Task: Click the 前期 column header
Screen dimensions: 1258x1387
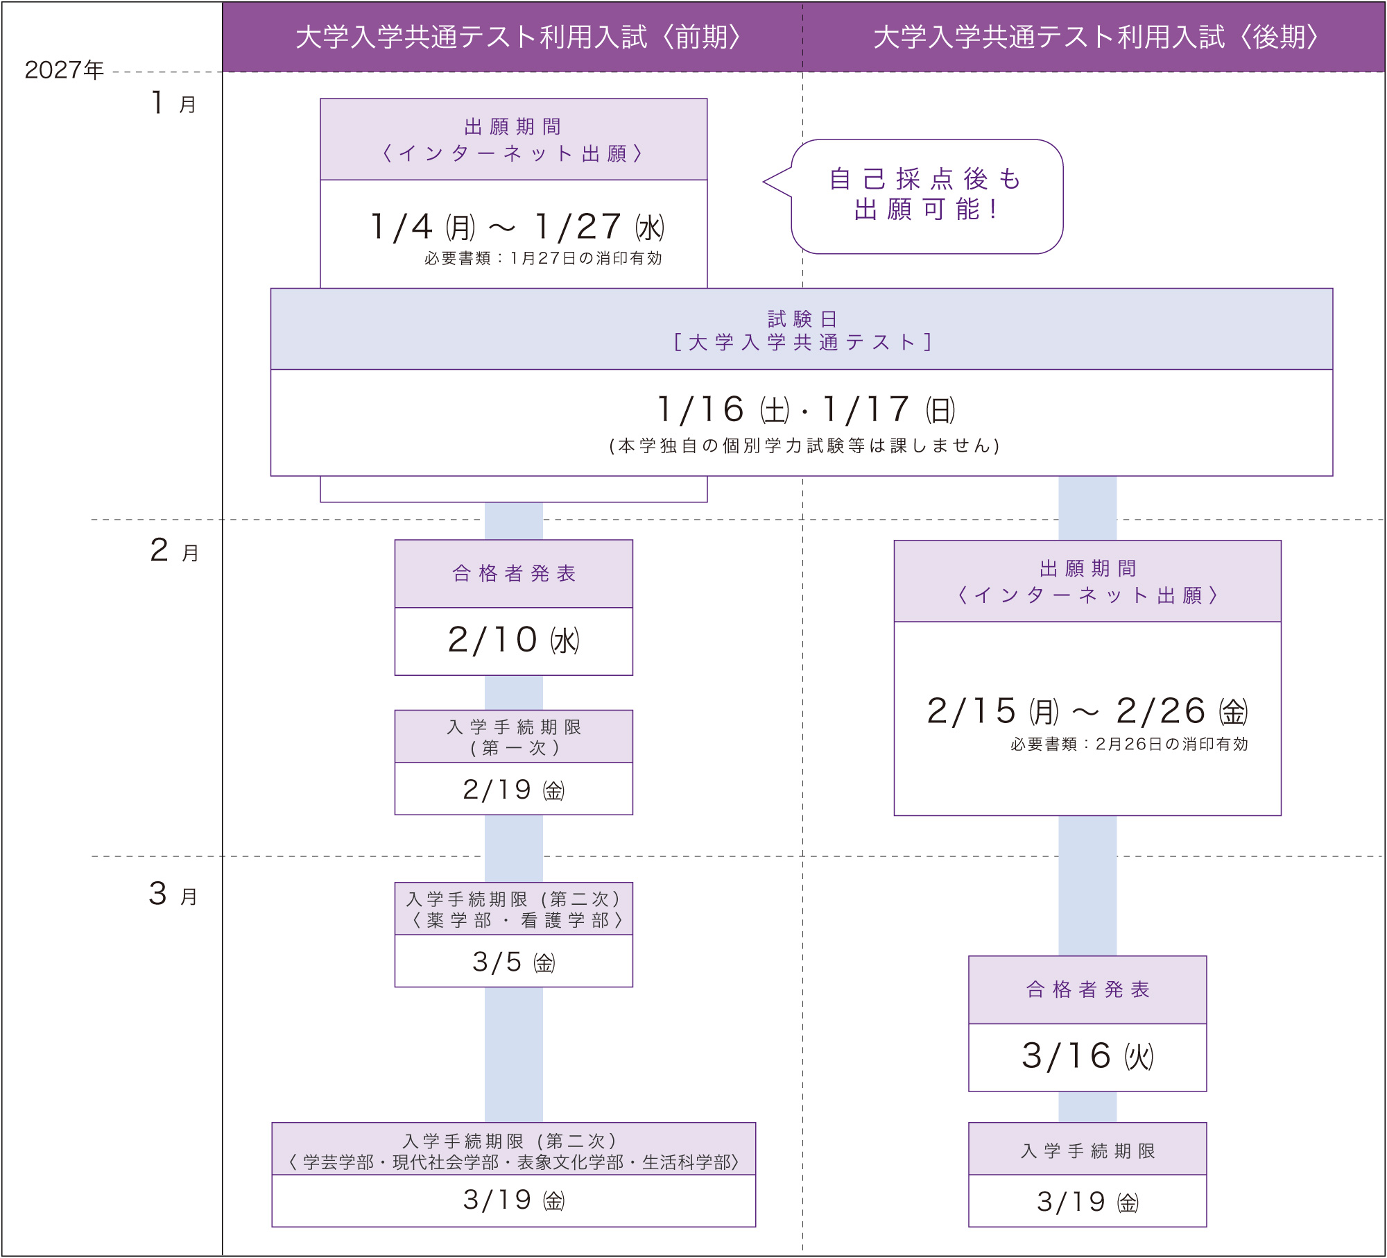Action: (519, 37)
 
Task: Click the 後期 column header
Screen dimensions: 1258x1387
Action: (1096, 37)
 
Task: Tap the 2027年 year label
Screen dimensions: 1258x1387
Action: (64, 70)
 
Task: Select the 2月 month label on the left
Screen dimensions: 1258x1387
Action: (174, 551)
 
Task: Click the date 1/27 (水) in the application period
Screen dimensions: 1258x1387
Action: (600, 228)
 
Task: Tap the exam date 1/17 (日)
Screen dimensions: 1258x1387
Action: (888, 410)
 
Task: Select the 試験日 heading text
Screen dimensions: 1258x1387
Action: (802, 319)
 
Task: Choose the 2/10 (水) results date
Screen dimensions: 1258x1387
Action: (513, 640)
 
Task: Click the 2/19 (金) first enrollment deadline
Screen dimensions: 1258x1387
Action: (513, 790)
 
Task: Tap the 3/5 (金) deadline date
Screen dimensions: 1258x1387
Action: (513, 962)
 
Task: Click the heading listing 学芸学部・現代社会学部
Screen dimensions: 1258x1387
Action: (513, 1162)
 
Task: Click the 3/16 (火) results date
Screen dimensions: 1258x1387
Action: (1087, 1057)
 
